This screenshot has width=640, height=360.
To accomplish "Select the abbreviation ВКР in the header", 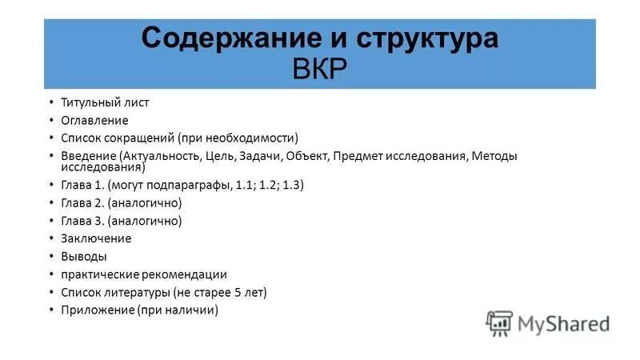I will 320,69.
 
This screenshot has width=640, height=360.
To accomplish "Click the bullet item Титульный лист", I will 105,102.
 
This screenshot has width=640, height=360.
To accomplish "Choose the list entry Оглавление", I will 94,120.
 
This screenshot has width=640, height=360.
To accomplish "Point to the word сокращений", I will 140,138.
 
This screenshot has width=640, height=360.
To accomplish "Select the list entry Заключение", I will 96,238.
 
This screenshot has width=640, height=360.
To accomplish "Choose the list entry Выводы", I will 84,257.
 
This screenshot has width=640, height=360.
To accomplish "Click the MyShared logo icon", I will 499,322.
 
